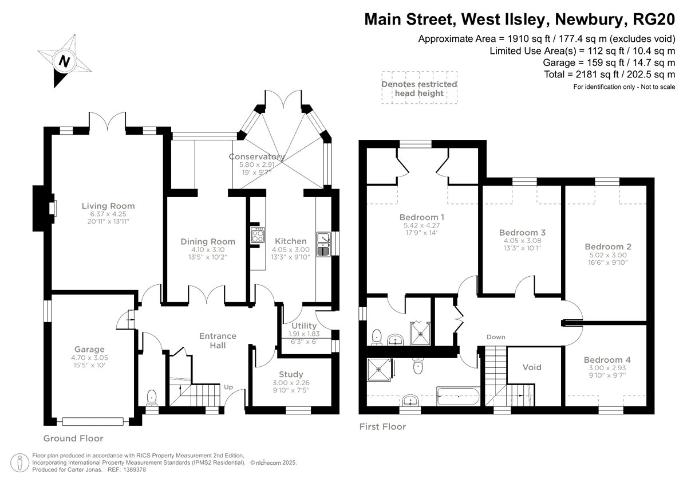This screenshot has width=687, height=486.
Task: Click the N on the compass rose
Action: (64, 61)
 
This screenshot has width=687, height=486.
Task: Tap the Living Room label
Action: (108, 206)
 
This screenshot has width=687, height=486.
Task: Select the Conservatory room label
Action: (257, 156)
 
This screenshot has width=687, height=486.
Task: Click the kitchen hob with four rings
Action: (258, 235)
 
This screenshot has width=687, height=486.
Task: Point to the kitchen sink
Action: (323, 244)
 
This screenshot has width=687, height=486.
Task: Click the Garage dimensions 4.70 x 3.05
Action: (89, 358)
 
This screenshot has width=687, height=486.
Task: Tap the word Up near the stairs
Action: (228, 387)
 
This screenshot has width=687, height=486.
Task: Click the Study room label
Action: (291, 374)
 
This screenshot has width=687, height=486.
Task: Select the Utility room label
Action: (304, 326)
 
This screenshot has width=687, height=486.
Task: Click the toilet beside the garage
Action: (152, 397)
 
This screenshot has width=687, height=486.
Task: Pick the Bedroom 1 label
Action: (422, 217)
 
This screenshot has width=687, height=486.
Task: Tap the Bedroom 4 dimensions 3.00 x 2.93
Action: (607, 368)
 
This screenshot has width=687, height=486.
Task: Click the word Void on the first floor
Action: (532, 367)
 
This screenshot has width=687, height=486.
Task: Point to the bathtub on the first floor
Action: (458, 397)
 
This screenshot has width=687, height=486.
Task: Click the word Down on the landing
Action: (496, 337)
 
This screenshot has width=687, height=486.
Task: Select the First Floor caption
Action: (383, 427)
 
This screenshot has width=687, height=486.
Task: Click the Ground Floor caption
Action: (73, 438)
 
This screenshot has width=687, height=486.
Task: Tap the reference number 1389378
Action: (135, 470)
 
